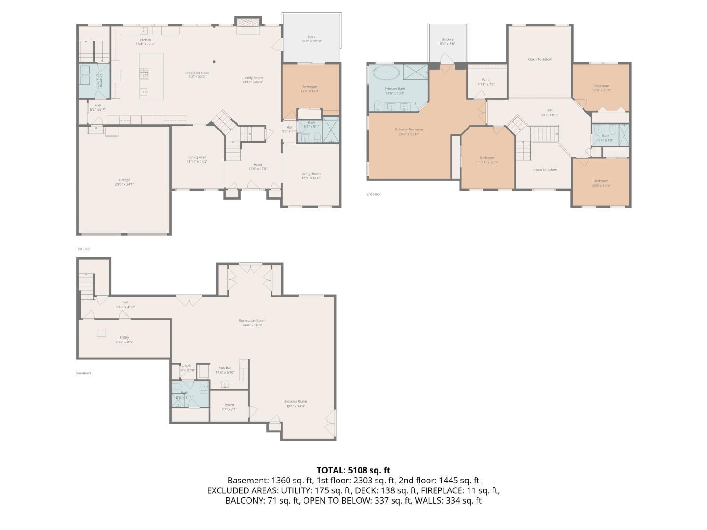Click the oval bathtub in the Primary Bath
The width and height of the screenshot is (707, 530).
tap(386, 73)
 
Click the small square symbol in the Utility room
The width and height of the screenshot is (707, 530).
tap(101, 332)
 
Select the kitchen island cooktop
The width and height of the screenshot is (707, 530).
tap(144, 73)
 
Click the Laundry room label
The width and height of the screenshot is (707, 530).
tap(98, 81)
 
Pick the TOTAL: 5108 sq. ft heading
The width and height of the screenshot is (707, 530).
tap(353, 470)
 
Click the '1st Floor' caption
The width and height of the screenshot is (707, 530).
tap(84, 249)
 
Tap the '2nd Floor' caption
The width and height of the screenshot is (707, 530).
tap(373, 194)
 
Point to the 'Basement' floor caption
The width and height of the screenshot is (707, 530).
tap(83, 373)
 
